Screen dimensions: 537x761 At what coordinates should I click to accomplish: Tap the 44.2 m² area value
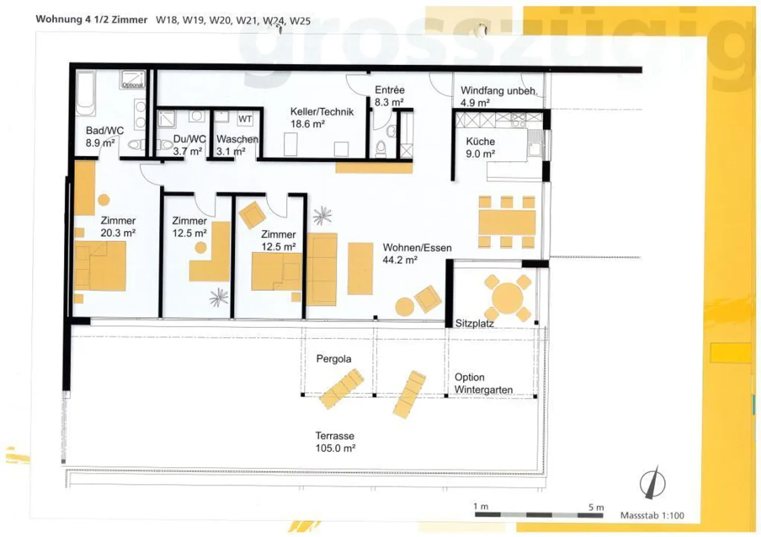coord(400,260)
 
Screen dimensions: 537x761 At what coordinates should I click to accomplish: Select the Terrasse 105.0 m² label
coord(335,442)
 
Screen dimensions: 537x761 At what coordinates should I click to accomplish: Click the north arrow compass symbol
coord(653,482)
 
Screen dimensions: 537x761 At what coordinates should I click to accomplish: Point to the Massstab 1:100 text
coord(652,515)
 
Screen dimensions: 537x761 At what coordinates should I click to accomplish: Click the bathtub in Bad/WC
coord(86,93)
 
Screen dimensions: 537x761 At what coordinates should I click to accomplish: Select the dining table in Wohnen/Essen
coord(507,222)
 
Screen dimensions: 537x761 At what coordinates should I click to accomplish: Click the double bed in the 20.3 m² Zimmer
coord(100,266)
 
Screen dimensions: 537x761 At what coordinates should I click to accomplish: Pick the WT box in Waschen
coord(245,119)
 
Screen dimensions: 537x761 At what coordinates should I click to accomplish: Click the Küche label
coord(480,142)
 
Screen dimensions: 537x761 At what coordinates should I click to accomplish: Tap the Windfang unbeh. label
coord(498,91)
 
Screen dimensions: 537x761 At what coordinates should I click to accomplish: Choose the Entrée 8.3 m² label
coord(389,96)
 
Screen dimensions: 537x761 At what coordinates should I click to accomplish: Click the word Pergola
coord(333,359)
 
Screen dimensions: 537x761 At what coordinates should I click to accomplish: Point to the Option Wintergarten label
coord(483,383)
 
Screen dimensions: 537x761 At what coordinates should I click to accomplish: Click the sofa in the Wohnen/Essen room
coord(322,269)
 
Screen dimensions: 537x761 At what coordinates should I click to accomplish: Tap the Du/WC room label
coord(189,139)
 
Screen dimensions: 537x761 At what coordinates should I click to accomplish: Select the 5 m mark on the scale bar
coord(596,507)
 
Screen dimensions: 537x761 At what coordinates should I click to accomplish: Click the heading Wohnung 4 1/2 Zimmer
coord(91,20)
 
